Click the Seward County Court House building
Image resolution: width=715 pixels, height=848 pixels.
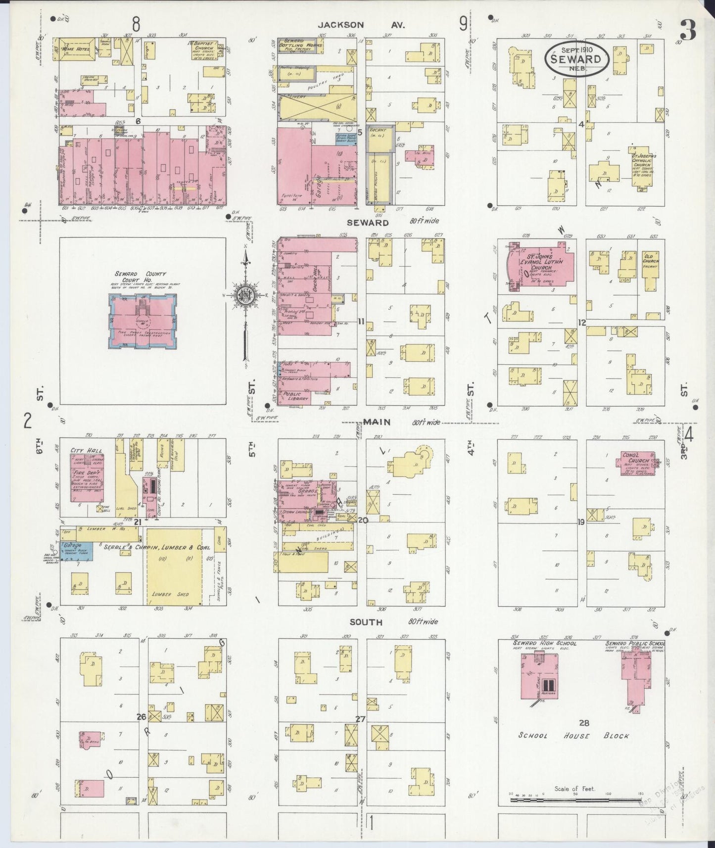click(142, 321)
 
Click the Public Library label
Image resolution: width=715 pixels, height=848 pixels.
click(295, 396)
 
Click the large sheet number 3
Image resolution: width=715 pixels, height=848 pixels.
click(688, 31)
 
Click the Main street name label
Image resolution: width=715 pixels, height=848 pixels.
click(377, 422)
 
